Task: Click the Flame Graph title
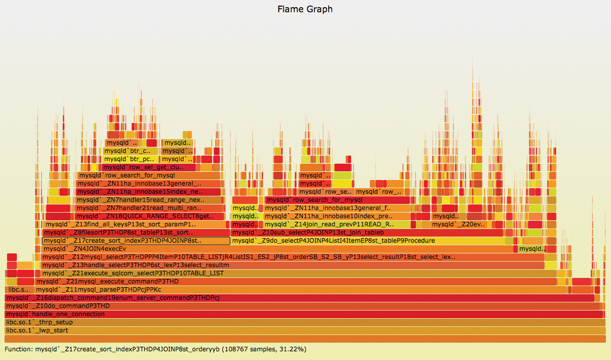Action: coord(305,9)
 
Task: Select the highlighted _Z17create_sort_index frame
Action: coord(136,241)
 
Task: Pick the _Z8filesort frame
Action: coord(132,233)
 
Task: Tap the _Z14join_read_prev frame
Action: coord(336,224)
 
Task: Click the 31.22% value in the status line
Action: coord(293,349)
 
